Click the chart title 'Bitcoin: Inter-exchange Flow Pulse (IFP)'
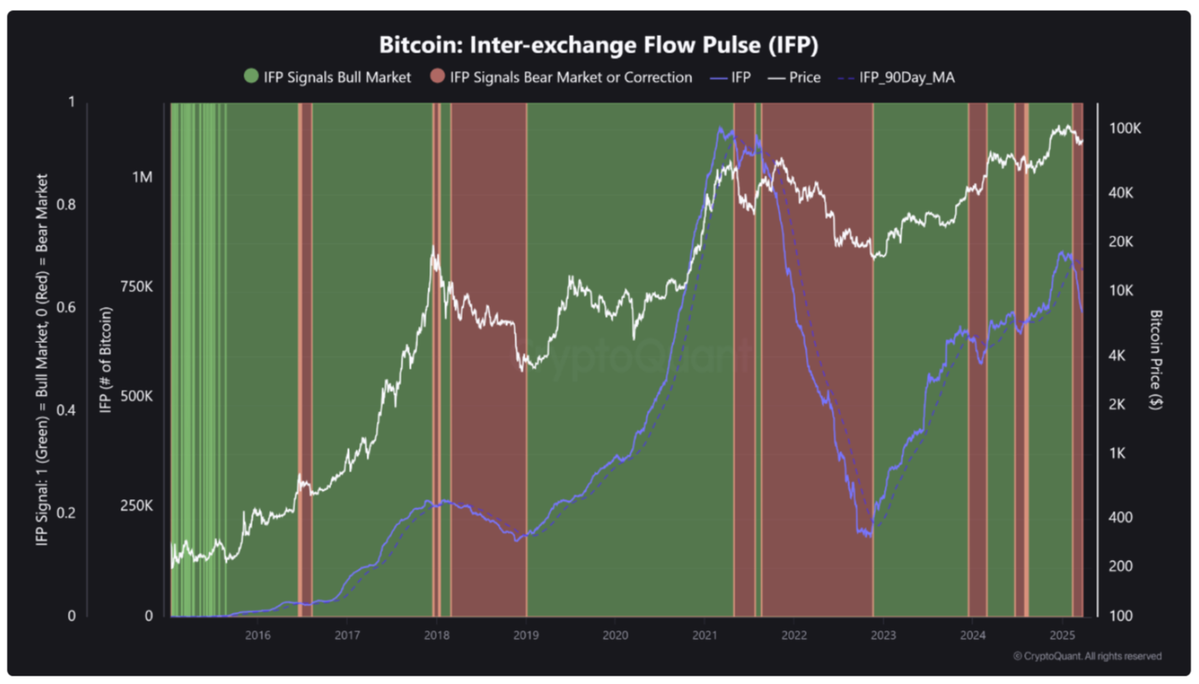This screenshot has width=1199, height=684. (599, 43)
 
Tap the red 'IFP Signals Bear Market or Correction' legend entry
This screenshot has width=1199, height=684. (561, 77)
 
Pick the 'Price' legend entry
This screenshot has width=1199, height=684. (796, 77)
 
